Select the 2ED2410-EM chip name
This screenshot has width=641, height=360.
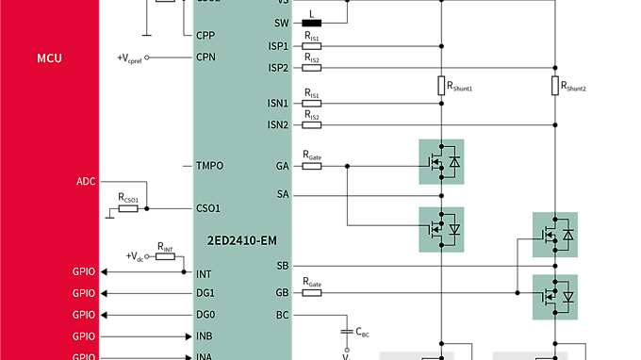click(x=242, y=239)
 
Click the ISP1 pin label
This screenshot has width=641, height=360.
click(x=278, y=45)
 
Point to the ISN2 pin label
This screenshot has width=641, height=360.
click(x=278, y=124)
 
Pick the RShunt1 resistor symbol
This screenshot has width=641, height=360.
click(x=440, y=86)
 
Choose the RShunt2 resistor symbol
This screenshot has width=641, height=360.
click(x=554, y=86)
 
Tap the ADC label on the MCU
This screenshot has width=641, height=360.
click(x=85, y=180)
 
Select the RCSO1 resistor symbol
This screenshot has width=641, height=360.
click(x=128, y=208)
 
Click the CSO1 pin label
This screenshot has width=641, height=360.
click(x=207, y=208)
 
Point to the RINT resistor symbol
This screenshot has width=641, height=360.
click(x=166, y=255)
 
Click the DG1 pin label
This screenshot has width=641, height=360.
click(x=205, y=293)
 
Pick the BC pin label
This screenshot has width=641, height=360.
click(x=282, y=315)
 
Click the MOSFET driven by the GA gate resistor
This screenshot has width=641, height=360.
click(x=441, y=162)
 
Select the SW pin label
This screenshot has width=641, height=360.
click(x=282, y=24)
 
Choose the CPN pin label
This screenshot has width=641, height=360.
click(x=206, y=57)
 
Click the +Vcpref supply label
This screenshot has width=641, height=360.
click(x=134, y=57)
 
